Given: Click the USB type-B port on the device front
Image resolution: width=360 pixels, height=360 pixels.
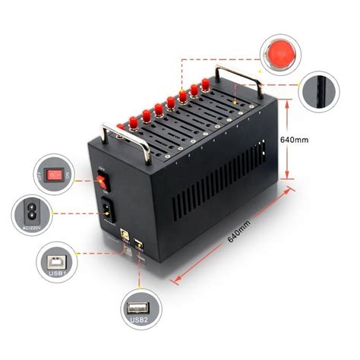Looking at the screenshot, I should [122, 235].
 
